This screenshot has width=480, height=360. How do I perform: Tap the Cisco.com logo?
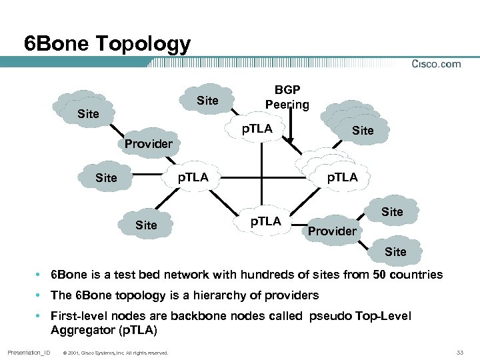point(436,64)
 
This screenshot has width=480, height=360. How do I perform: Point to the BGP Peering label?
point(287,97)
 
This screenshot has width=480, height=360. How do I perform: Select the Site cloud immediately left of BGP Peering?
point(207,101)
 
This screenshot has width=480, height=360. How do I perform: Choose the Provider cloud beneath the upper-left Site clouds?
point(148,143)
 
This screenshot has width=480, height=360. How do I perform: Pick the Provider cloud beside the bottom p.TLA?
point(332,231)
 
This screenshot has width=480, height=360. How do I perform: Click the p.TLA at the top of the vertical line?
point(257,129)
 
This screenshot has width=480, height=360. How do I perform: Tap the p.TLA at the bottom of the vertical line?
point(265,221)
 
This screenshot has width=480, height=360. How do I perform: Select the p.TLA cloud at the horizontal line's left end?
point(192,177)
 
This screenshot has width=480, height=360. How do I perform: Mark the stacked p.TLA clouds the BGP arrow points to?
point(337,173)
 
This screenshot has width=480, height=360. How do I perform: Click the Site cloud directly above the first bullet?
point(395,251)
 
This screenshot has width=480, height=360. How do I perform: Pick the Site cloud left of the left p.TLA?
point(106,177)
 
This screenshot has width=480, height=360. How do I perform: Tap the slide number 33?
point(459,352)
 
